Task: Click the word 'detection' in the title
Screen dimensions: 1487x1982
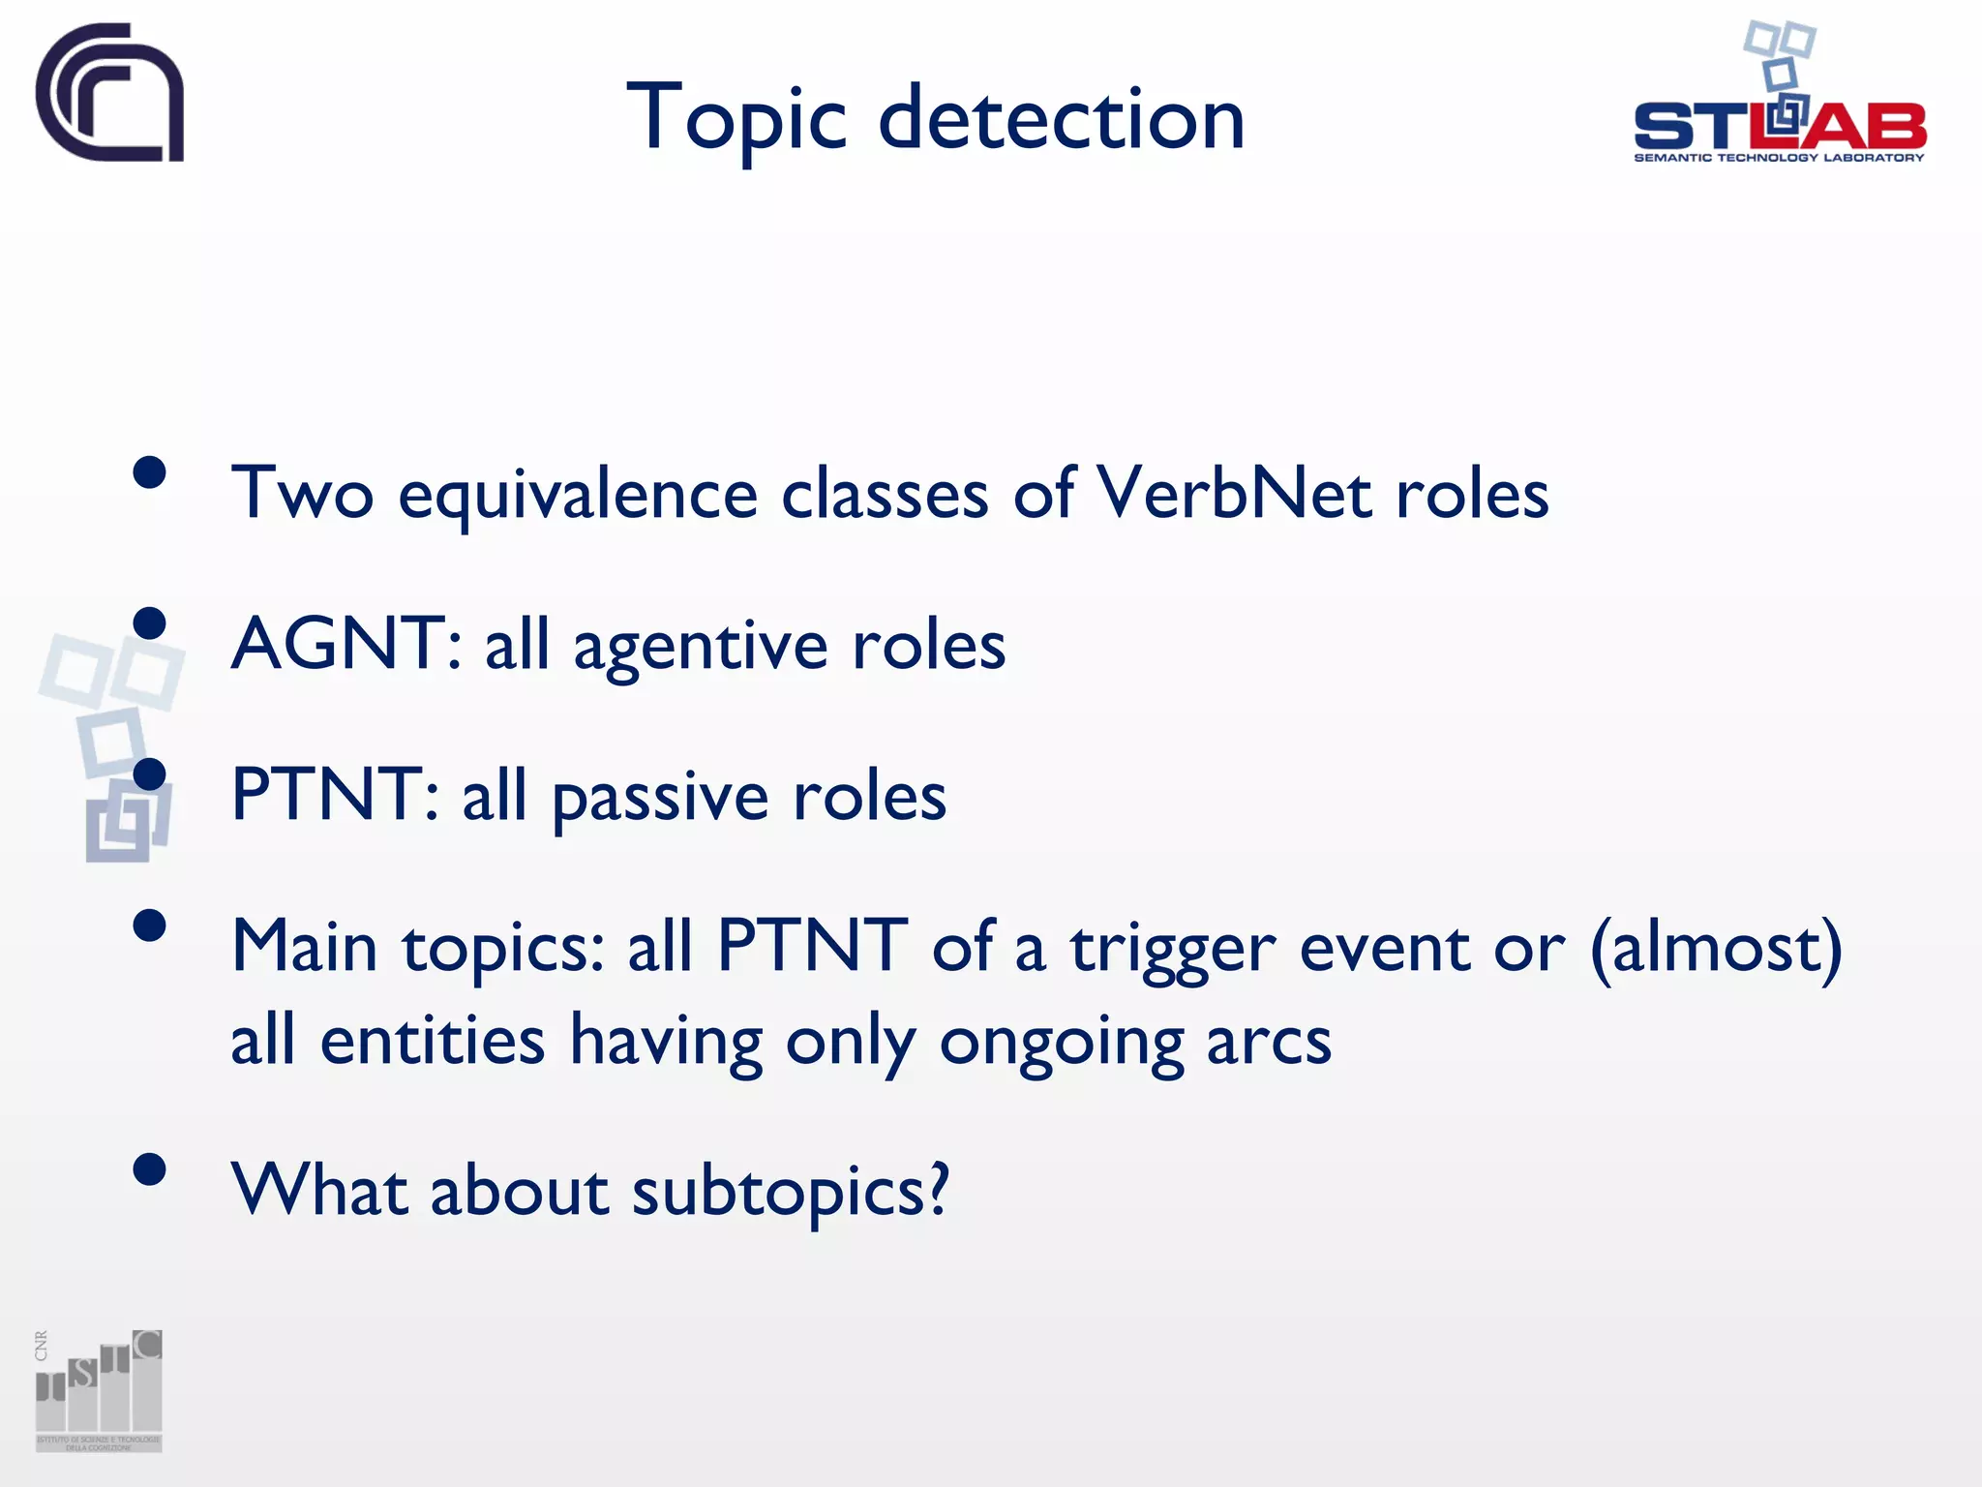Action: tap(1062, 119)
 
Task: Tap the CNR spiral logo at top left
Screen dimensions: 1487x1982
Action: tap(109, 93)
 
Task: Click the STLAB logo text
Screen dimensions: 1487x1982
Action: tap(1779, 126)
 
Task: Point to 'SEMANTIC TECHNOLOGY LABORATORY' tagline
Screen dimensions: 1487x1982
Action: tap(1779, 158)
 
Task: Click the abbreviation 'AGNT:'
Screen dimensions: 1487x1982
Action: tap(345, 644)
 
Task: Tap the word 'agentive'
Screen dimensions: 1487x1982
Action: tap(701, 647)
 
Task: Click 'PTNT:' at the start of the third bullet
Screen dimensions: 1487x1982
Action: tap(335, 795)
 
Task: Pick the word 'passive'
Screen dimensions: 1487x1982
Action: tap(660, 798)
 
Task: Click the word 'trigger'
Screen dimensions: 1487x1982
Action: tap(1173, 949)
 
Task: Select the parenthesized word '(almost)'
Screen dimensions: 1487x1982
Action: tap(1716, 947)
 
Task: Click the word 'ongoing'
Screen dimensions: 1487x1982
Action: tap(1061, 1044)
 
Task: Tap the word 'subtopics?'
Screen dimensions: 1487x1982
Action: tap(791, 1191)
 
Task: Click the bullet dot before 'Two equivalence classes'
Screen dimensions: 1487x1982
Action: tap(150, 473)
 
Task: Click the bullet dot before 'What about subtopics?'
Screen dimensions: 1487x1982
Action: tap(150, 1169)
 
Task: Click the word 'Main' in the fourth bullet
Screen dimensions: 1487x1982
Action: tap(304, 946)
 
